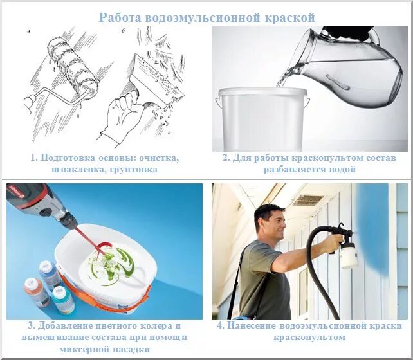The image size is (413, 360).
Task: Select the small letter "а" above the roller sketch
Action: coord(28,31)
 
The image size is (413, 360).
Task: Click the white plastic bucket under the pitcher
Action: coord(262,119)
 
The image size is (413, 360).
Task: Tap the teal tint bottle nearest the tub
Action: coord(62,300)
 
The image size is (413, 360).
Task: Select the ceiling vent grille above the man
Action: coord(307,201)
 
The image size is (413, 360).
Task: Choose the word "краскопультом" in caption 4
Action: coord(309,337)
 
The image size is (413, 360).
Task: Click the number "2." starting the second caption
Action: coord(226,157)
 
